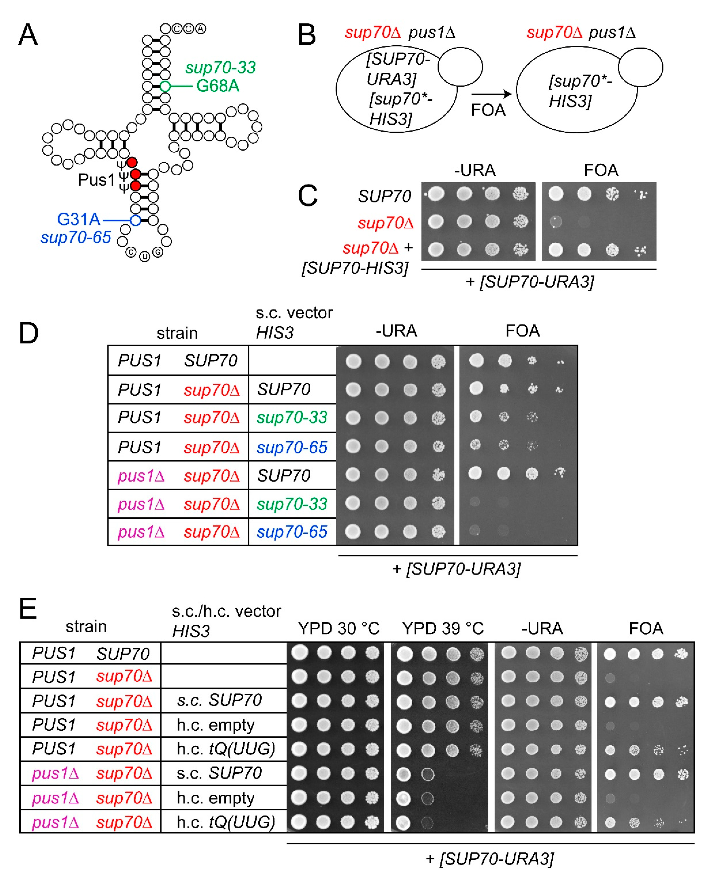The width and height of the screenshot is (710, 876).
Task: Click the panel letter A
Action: pos(28,35)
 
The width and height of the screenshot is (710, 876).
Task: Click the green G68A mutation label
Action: pos(218,86)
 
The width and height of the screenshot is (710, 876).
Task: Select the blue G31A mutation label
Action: pos(79,220)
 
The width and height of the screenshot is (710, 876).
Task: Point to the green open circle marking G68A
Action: pos(165,86)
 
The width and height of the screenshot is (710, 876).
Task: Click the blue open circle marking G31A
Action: pos(135,220)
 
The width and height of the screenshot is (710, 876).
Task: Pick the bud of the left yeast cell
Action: pos(460,67)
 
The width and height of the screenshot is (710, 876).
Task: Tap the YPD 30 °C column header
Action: pos(339,628)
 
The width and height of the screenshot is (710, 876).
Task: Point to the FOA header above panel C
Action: pos(600,170)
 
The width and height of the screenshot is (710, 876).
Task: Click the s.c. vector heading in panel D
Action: pos(294,313)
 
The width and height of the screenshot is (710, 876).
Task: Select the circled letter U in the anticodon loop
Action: pos(144,257)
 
